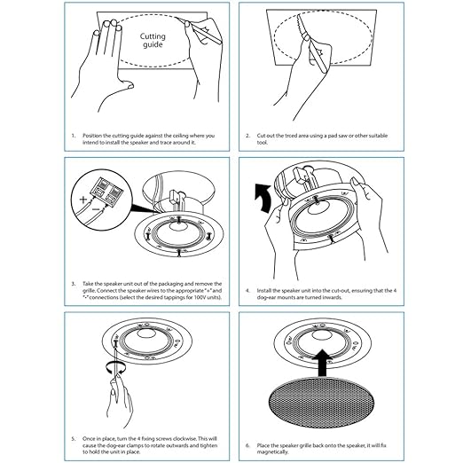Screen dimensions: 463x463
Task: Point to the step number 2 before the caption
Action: pyautogui.click(x=247, y=136)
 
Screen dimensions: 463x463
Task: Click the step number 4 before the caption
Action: pyautogui.click(x=247, y=289)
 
